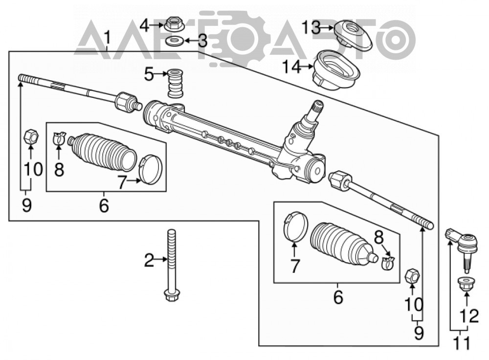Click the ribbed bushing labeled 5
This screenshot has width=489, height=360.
pyautogui.click(x=176, y=84)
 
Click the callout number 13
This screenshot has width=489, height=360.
pyautogui.click(x=311, y=27)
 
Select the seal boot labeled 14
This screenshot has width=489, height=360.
pyautogui.click(x=336, y=70)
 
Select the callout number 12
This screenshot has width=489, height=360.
pyautogui.click(x=469, y=316)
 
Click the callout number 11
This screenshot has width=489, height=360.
pyautogui.click(x=461, y=343)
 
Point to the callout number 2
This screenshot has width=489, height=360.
pyautogui.click(x=149, y=260)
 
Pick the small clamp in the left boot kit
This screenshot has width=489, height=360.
pyautogui.click(x=59, y=138)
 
